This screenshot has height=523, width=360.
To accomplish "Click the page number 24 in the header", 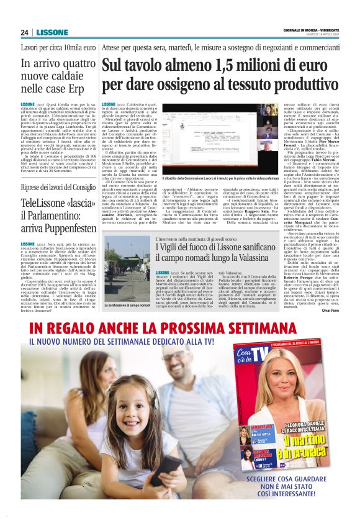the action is [25, 32].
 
